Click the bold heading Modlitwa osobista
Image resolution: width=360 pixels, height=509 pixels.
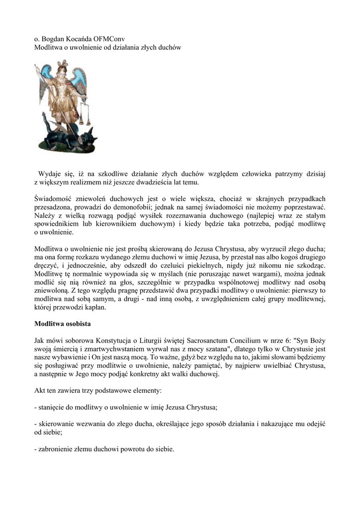(62, 323)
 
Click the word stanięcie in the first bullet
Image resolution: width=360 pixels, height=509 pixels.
(53, 408)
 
